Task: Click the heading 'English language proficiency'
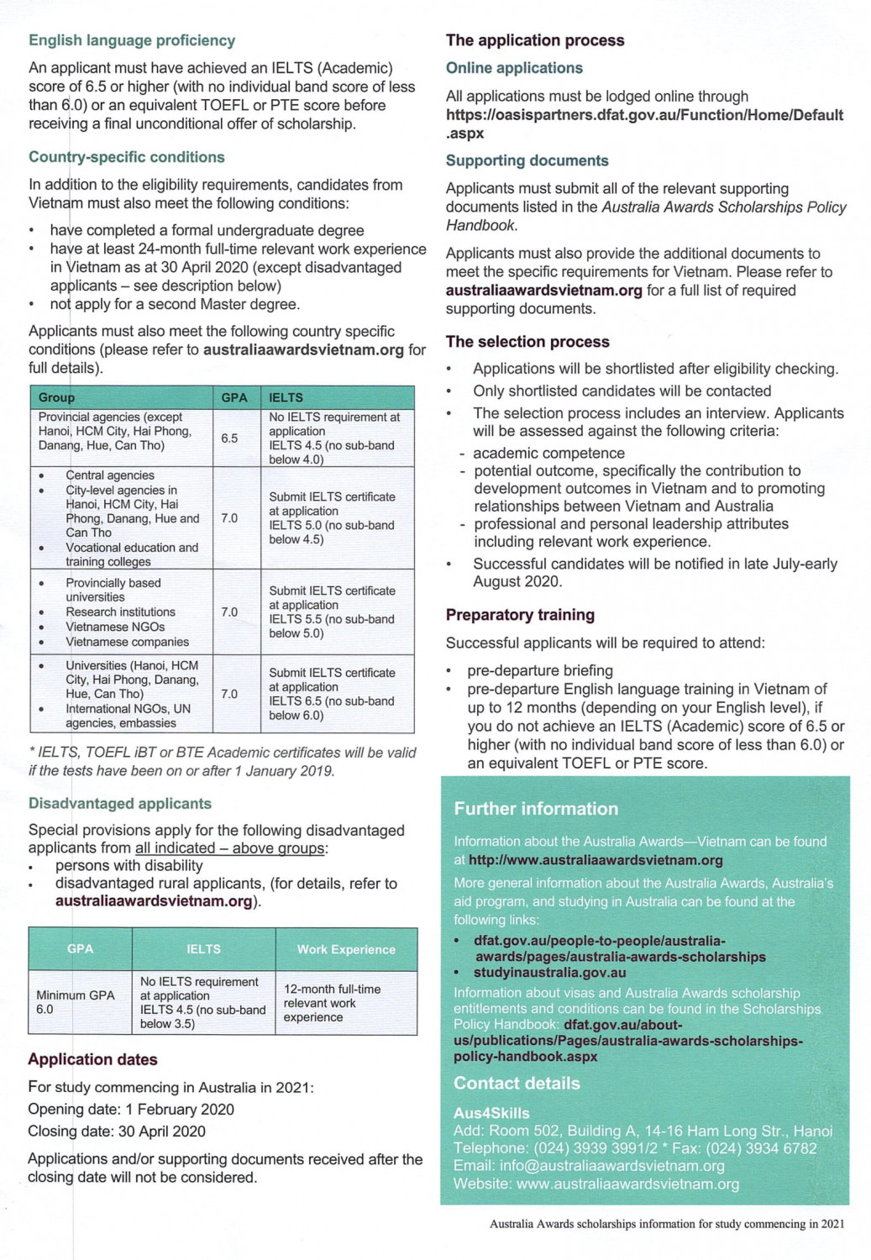[x=132, y=40]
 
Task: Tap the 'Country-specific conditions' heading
[x=127, y=157]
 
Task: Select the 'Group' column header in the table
[x=57, y=397]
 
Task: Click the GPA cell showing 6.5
[x=229, y=438]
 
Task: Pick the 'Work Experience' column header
[x=346, y=949]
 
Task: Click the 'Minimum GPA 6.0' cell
[x=76, y=1002]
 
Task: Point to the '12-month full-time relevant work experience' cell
[x=332, y=1003]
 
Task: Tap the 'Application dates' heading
[x=92, y=1059]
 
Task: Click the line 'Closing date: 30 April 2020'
[x=117, y=1131]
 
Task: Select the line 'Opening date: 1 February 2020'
[x=131, y=1110]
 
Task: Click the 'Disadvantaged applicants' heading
[x=120, y=804]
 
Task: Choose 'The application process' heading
[x=535, y=40]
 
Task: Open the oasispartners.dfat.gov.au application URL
[x=644, y=115]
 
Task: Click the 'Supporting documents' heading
[x=527, y=160]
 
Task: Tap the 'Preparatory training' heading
[x=520, y=615]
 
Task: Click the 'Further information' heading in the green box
[x=536, y=809]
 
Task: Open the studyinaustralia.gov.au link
[x=549, y=973]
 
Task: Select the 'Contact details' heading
[x=517, y=1084]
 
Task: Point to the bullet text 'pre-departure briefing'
[x=540, y=670]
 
